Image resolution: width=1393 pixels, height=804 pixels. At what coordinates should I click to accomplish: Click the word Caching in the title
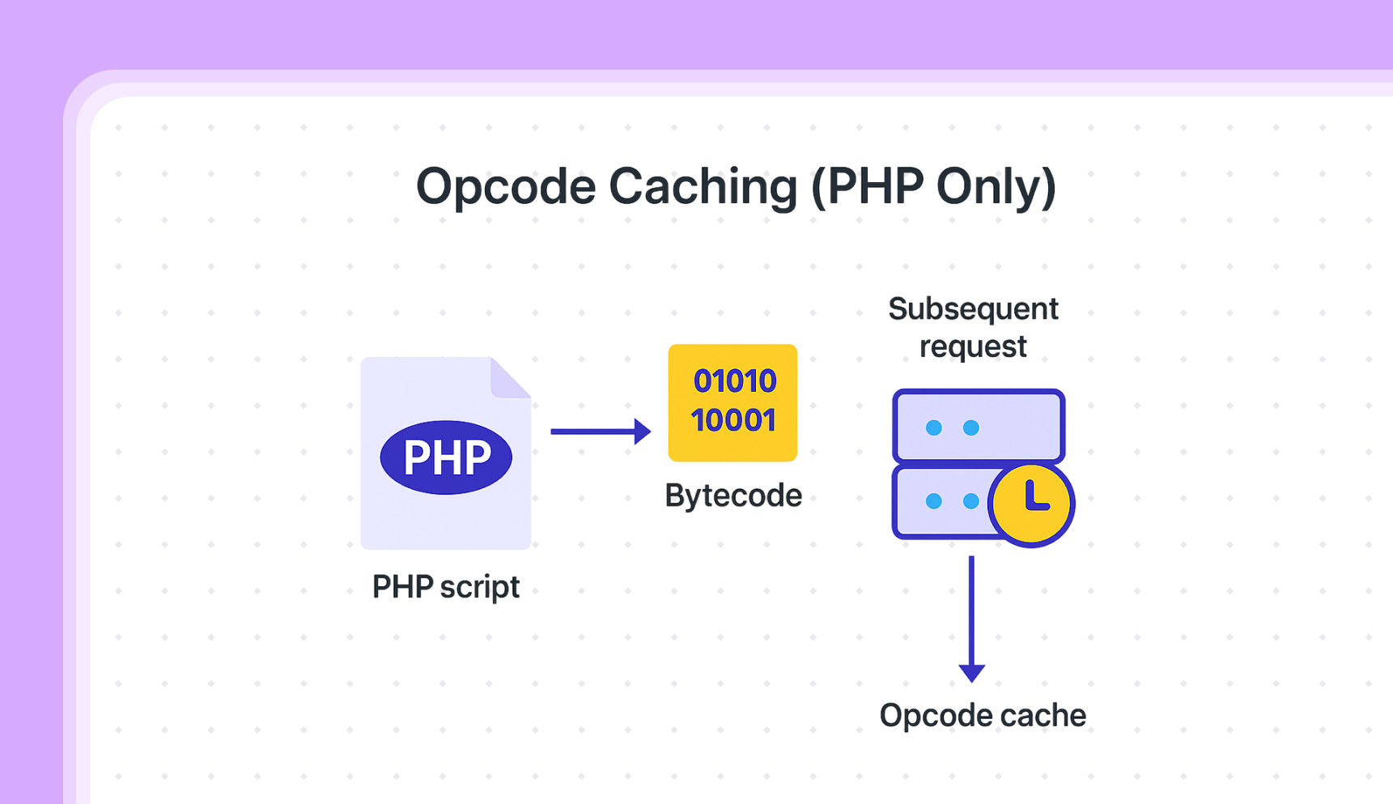click(703, 187)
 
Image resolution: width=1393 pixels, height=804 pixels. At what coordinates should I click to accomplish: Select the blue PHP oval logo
click(446, 457)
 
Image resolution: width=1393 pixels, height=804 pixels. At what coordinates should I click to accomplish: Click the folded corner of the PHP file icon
click(509, 378)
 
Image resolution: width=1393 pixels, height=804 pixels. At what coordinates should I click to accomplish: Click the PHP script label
click(445, 587)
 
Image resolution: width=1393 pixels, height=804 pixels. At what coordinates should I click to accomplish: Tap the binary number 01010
click(734, 381)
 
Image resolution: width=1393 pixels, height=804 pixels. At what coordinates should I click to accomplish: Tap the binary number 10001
click(733, 420)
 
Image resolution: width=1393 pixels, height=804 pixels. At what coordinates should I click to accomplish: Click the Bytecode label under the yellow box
click(733, 496)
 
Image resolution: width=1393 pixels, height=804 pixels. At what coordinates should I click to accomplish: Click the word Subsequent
click(973, 309)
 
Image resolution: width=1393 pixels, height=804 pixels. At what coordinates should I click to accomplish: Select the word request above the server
click(973, 347)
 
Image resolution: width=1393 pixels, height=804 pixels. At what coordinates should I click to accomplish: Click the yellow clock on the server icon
click(1031, 504)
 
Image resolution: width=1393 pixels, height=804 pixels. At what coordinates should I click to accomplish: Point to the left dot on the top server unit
click(933, 428)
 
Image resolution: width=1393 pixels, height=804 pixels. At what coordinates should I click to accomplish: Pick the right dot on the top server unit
click(971, 428)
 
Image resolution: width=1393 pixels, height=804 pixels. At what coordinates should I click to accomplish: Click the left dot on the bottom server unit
click(933, 501)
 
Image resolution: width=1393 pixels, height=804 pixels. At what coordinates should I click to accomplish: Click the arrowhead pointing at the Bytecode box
click(643, 432)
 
